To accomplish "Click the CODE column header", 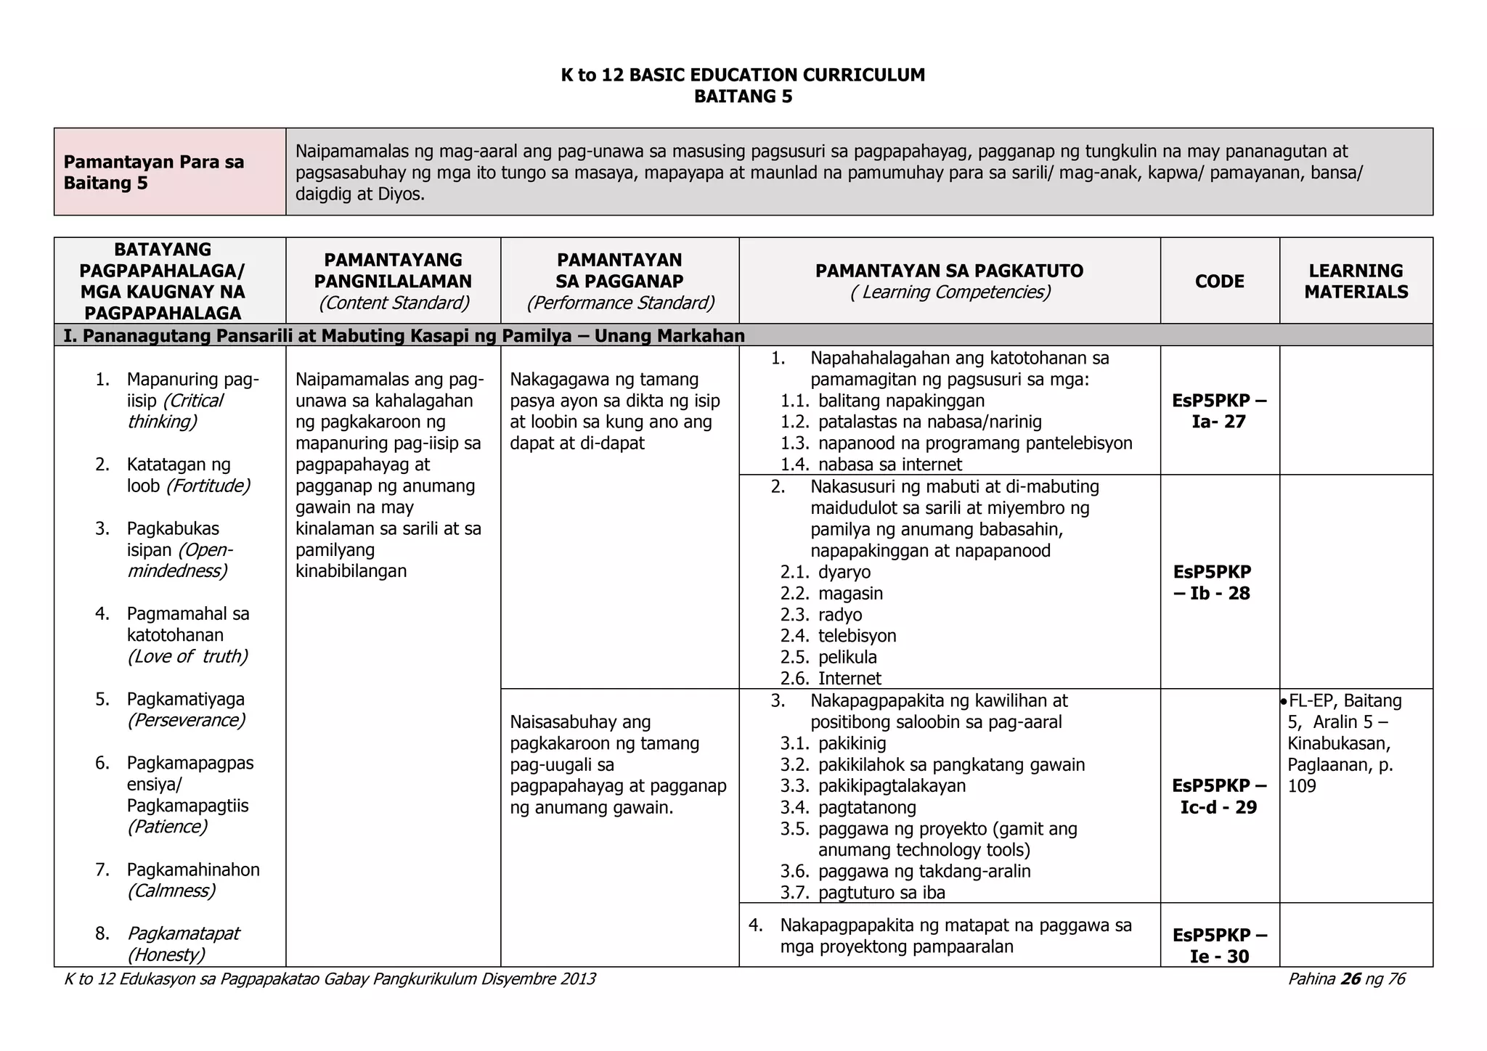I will [1219, 282].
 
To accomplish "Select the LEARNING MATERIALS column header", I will [1356, 282].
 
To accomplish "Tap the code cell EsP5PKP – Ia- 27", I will [1219, 411].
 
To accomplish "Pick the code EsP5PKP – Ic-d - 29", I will [1219, 796].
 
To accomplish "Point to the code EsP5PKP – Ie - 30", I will [1219, 945].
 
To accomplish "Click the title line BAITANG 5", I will [743, 97].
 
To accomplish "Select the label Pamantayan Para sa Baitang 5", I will [154, 172].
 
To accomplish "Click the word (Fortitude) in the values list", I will [208, 486].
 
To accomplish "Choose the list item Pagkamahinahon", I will [193, 870].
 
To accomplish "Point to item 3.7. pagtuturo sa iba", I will [863, 893].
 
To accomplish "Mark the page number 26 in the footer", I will [1350, 979].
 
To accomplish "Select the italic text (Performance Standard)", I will [620, 303].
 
